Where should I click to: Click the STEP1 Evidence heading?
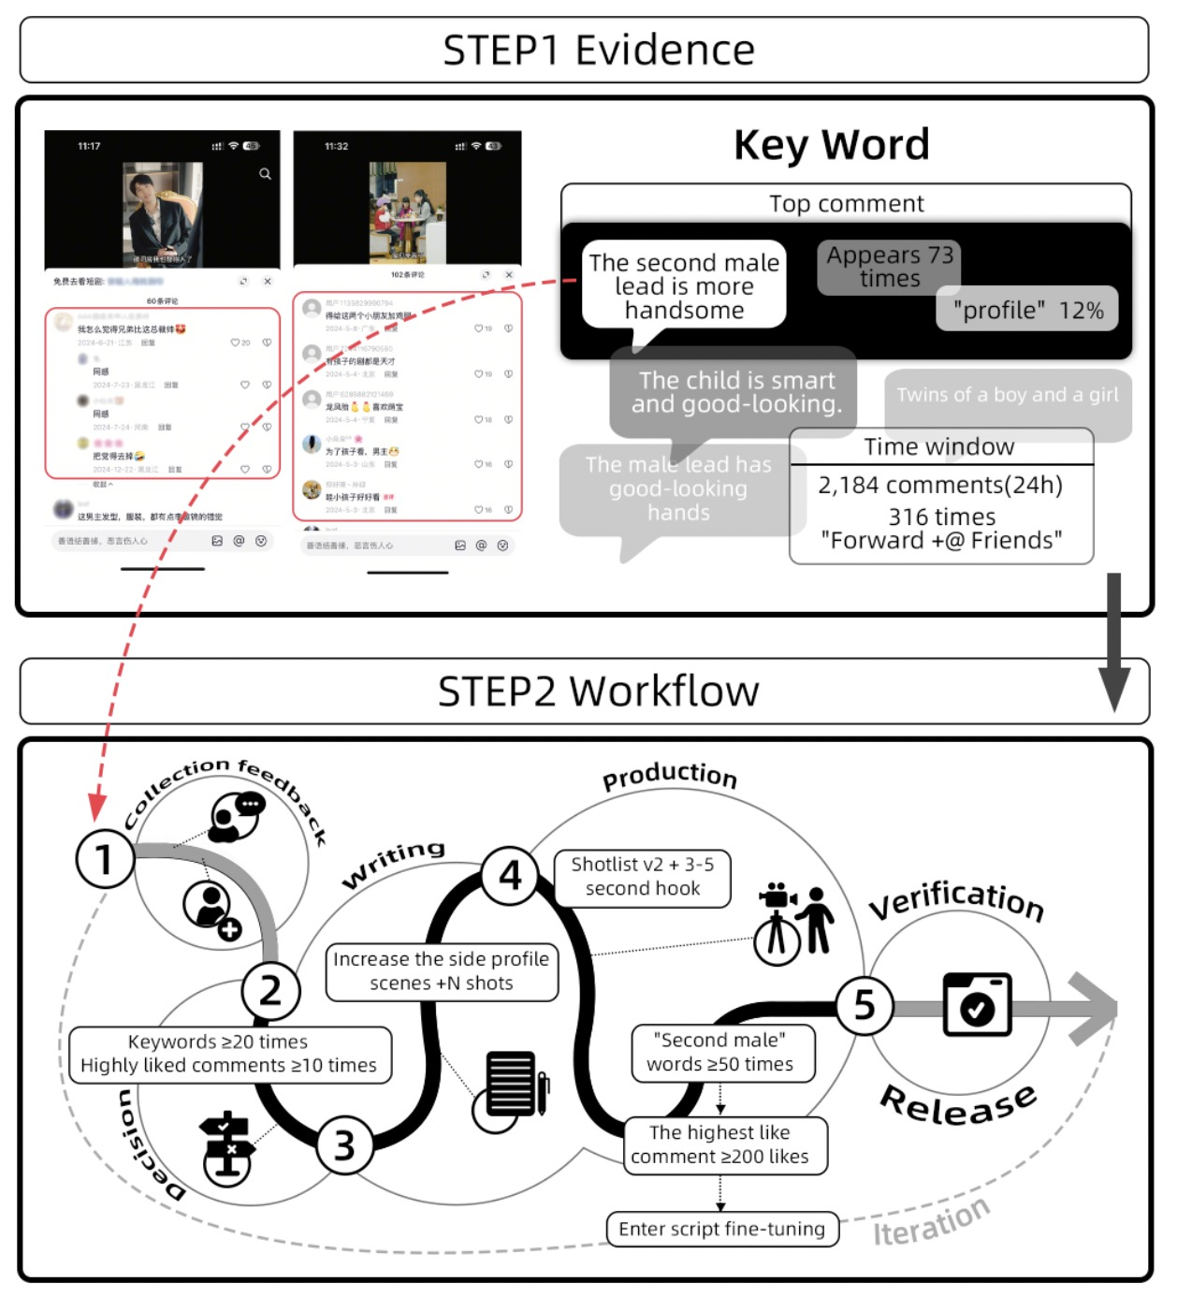coord(598,51)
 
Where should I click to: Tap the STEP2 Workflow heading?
coord(598,692)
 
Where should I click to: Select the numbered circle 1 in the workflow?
coord(104,858)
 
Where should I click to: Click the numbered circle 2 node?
coord(270,990)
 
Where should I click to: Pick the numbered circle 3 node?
coord(344,1144)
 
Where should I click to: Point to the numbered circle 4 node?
coord(510,876)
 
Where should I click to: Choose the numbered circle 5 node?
coord(864,1005)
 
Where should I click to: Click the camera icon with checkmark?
coord(977,1005)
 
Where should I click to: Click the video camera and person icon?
coord(794,922)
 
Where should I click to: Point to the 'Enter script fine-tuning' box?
coord(721,1229)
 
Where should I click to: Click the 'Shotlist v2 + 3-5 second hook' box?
coord(643,877)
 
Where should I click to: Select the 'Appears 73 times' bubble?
coord(889,267)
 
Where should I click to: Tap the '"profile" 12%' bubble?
coord(1027,310)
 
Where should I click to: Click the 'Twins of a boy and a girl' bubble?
coord(1007,395)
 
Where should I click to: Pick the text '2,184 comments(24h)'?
coord(940,485)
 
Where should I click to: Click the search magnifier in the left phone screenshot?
coord(265,174)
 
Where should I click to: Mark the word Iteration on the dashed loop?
coord(931,1221)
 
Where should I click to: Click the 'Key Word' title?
coord(831,145)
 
